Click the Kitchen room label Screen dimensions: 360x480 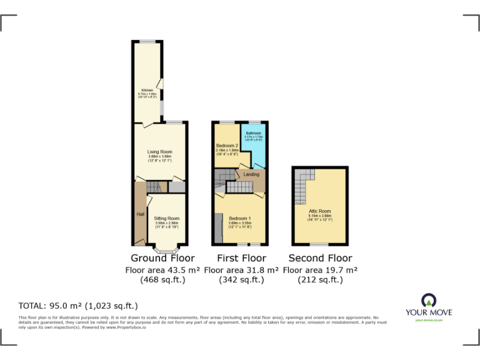tap(147, 90)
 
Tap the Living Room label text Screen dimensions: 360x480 tap(159, 152)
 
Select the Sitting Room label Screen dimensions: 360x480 tap(166, 218)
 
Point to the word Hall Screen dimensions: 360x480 tap(141, 214)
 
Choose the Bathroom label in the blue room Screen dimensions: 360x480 tap(253, 133)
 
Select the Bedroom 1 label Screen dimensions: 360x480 tap(240, 218)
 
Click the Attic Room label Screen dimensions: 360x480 tap(319, 211)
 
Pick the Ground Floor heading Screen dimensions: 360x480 tap(162, 258)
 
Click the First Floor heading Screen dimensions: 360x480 tap(241, 258)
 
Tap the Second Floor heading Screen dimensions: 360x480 tap(320, 258)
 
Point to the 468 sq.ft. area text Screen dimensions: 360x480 tap(162, 280)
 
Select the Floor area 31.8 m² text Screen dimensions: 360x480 tap(241, 269)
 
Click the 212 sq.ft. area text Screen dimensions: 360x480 tap(320, 280)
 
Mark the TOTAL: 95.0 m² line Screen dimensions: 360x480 tap(78, 306)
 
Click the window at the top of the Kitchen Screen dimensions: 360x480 tap(147, 41)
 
